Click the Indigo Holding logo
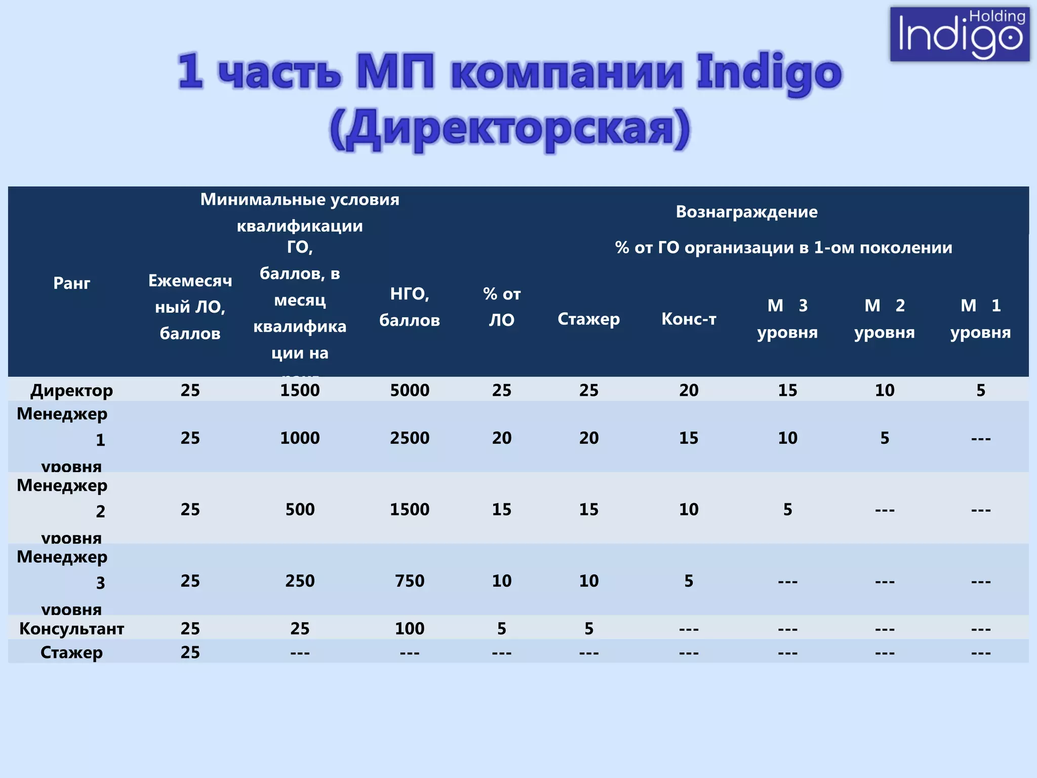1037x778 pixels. pyautogui.click(x=960, y=34)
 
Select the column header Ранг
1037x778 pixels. pyautogui.click(x=71, y=283)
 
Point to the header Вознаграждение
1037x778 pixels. pyautogui.click(x=746, y=212)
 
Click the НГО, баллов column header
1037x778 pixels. pyautogui.click(x=410, y=307)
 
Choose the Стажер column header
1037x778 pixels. pyautogui.click(x=588, y=319)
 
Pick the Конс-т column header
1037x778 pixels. pyautogui.click(x=689, y=319)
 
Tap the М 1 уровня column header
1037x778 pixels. pyautogui.click(x=980, y=319)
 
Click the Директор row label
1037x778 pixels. pyautogui.click(x=71, y=390)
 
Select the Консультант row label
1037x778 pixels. pyautogui.click(x=71, y=629)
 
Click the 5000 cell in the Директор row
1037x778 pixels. pyautogui.click(x=410, y=390)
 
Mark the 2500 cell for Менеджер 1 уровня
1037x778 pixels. pyautogui.click(x=410, y=438)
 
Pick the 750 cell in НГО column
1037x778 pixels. pyautogui.click(x=410, y=580)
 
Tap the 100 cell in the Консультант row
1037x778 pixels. pyautogui.click(x=410, y=629)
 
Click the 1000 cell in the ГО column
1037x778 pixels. pyautogui.click(x=300, y=438)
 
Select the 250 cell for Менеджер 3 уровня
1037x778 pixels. pyautogui.click(x=300, y=580)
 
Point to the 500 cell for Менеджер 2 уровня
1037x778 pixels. pyautogui.click(x=300, y=509)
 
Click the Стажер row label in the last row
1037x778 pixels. pyautogui.click(x=71, y=652)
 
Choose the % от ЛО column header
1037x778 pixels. pyautogui.click(x=501, y=307)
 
